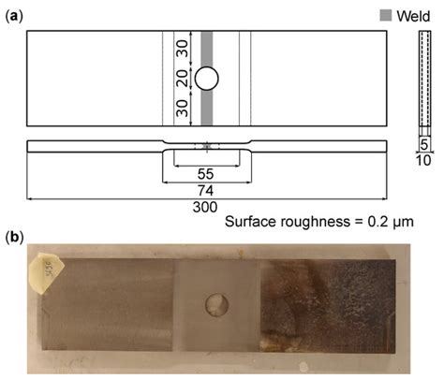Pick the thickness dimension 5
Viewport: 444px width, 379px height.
[x=423, y=146]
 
